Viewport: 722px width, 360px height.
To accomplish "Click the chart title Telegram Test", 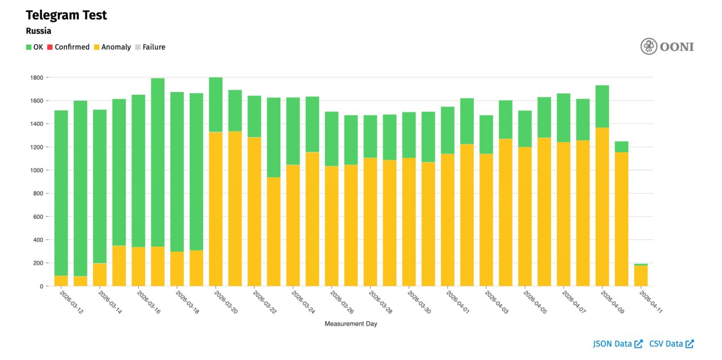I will (66, 15).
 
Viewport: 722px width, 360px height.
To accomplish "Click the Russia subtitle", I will (38, 31).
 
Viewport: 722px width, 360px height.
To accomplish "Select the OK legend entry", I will (34, 47).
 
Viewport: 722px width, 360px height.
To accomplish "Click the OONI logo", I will (667, 46).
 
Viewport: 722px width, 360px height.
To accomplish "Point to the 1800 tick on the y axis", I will (36, 77).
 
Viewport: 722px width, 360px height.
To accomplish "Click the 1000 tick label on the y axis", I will (36, 170).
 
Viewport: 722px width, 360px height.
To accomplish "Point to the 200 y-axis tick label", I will (38, 263).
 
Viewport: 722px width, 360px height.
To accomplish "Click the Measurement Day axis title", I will (351, 324).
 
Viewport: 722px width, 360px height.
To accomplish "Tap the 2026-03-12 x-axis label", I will (71, 302).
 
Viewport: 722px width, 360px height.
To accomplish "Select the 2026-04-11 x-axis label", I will (651, 302).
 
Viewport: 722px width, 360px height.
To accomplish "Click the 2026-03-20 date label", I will (226, 302).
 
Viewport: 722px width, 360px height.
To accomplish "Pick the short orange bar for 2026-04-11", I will (641, 276).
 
